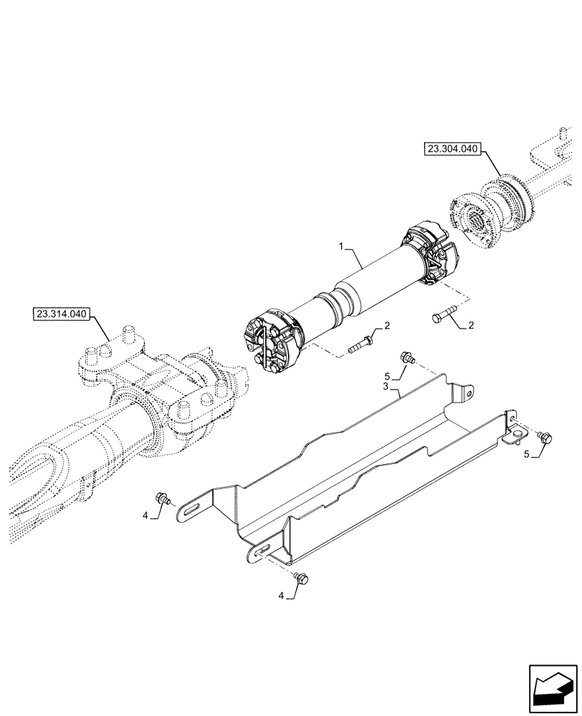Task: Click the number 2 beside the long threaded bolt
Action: pyautogui.click(x=386, y=326)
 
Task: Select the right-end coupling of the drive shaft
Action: pyautogui.click(x=429, y=256)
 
